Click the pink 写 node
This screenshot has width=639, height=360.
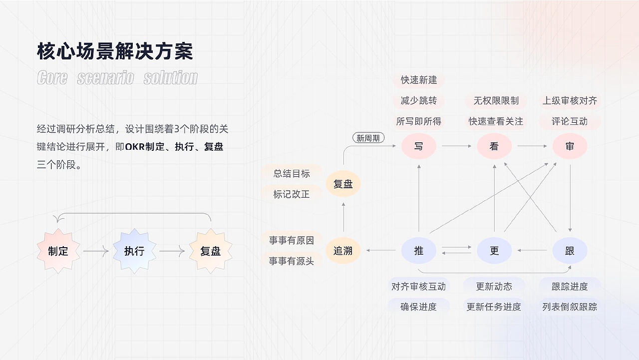pos(418,146)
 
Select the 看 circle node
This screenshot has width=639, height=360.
pos(494,146)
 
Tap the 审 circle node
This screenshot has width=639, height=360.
pos(570,146)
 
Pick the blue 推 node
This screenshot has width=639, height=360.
pos(418,250)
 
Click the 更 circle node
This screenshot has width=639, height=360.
pos(494,250)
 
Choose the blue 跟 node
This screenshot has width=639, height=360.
pos(570,250)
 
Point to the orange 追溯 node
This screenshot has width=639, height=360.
pos(343,250)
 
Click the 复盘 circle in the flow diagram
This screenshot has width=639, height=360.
pos(343,184)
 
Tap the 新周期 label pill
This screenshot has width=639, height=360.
pos(368,138)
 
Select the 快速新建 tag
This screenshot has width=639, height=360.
pos(418,80)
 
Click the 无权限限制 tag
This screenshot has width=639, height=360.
pos(496,101)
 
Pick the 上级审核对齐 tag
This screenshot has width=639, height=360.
pos(570,101)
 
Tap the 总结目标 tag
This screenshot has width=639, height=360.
pos(292,173)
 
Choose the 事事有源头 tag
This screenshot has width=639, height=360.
pos(292,261)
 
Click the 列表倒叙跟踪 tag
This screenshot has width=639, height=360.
pos(570,307)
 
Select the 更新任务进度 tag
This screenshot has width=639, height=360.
pos(494,307)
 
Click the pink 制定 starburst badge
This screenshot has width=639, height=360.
pos(58,251)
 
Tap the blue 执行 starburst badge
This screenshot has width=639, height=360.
pos(134,251)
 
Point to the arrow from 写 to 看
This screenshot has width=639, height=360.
pos(456,146)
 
